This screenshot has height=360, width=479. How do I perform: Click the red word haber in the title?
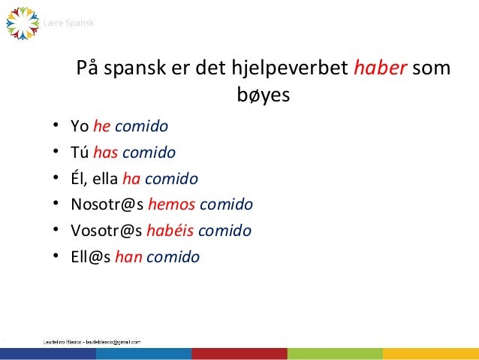(381, 69)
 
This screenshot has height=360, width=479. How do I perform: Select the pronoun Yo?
(79, 125)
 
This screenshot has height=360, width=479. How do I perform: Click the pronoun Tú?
(79, 153)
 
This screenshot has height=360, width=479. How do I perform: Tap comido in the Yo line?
(141, 125)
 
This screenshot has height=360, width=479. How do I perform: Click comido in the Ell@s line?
(173, 257)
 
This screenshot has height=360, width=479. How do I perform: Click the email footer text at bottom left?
(90, 341)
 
